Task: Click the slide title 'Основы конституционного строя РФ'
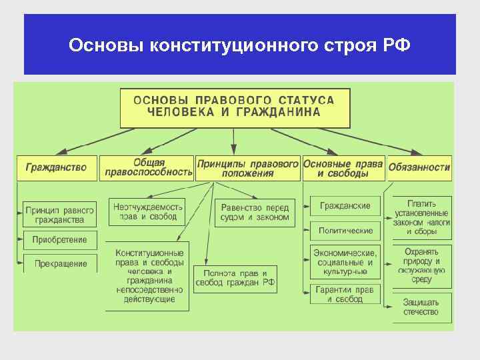(239, 46)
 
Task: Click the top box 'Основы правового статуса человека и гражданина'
(234, 107)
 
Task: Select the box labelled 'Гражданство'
(57, 168)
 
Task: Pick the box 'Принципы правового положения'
(247, 168)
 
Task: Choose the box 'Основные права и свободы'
(343, 168)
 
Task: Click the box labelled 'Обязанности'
(419, 168)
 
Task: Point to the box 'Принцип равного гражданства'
(60, 215)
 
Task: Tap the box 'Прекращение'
(60, 263)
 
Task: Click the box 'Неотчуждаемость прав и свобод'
(148, 212)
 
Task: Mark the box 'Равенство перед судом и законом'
(255, 213)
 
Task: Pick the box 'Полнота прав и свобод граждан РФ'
(235, 278)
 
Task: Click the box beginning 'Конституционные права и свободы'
(149, 276)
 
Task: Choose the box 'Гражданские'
(345, 206)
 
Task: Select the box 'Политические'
(345, 231)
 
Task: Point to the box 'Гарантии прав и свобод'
(345, 294)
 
